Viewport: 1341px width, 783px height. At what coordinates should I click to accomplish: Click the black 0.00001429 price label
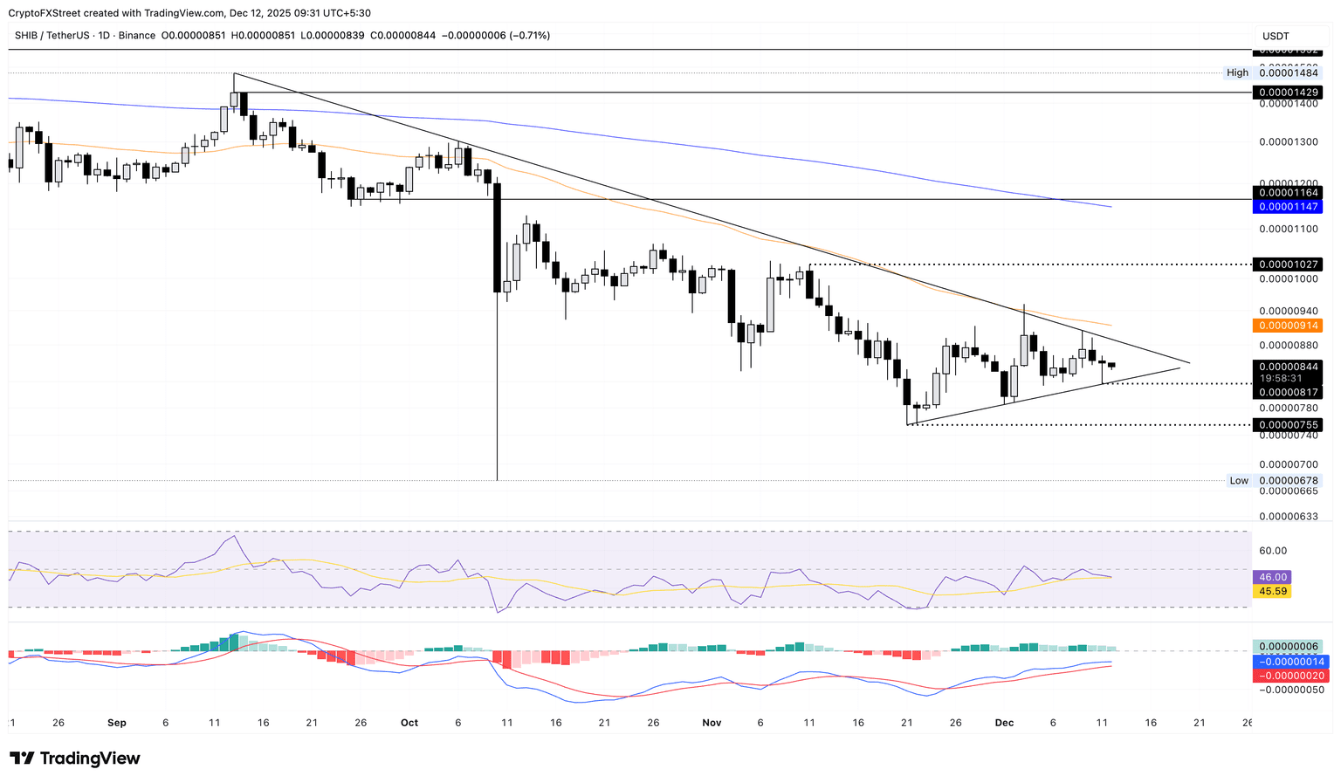[1286, 92]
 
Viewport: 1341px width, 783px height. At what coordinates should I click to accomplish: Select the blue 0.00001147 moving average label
[1286, 207]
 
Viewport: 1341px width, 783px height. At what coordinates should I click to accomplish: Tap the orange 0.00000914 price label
[1286, 326]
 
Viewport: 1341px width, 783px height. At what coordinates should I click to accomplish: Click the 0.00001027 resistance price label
[1286, 264]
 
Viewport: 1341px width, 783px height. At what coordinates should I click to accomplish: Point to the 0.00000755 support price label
[1286, 425]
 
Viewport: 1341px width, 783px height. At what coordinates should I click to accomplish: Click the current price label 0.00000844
[1286, 367]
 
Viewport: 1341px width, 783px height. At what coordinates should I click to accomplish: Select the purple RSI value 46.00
[1271, 577]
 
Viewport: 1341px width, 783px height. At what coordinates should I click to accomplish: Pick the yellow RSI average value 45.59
[1271, 591]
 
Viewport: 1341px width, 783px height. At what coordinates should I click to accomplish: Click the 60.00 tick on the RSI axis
[1273, 551]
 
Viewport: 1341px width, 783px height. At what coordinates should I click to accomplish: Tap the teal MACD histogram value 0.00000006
[1288, 647]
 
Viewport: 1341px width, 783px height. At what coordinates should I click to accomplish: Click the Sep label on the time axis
[117, 723]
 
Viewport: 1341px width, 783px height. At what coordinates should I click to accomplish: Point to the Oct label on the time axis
[409, 723]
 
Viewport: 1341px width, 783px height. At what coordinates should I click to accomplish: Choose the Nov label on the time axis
[712, 723]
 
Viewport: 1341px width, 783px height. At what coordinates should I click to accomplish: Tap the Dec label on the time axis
[1004, 723]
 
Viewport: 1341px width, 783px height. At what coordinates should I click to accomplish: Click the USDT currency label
[1276, 36]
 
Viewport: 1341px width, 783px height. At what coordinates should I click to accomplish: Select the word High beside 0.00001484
[1237, 72]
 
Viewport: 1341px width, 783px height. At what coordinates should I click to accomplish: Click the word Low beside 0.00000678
[1239, 480]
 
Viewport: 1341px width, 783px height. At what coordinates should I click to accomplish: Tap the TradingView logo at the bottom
[75, 759]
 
